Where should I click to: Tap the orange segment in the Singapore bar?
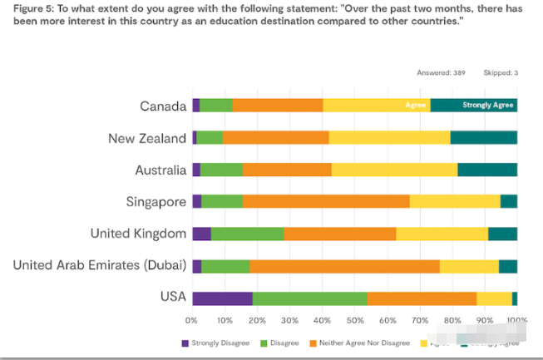coord(326,201)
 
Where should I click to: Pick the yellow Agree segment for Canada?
coord(376,106)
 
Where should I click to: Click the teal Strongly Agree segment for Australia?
coord(487,170)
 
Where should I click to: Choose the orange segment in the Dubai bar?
coord(344,266)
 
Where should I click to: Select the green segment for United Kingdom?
coord(247,234)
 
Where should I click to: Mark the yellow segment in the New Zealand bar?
coord(389,138)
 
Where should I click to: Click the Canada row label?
coord(163,106)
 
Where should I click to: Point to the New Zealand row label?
coord(147,138)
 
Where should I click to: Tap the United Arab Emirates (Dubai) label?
coord(100,266)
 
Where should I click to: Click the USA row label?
coord(173,298)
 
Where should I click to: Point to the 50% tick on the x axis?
coord(354,319)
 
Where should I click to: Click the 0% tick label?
coord(192,319)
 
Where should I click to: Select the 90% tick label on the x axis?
coord(485,319)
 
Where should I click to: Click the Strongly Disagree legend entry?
coord(215,343)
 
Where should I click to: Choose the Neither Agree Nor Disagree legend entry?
coord(359,343)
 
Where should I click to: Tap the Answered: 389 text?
coord(441,73)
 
